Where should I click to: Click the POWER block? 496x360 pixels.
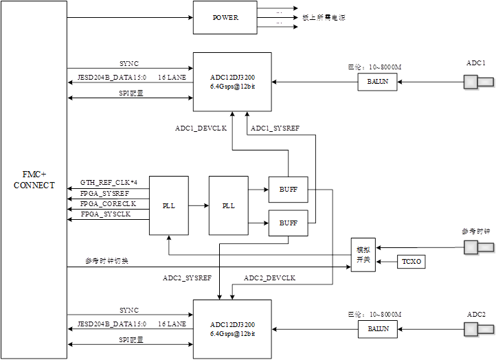[x=225, y=17]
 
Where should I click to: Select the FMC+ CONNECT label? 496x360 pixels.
[x=34, y=181]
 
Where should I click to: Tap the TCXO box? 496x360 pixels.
[x=411, y=262]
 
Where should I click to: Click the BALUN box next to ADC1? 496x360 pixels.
[x=377, y=82]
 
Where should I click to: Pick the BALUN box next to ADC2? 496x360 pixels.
[x=377, y=329]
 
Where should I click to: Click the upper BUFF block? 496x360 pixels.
[x=288, y=190]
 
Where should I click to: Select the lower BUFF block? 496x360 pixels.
[x=288, y=223]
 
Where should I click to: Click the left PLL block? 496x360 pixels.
[x=169, y=205]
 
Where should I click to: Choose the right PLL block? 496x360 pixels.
[x=229, y=205]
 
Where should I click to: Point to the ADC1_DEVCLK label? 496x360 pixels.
[x=202, y=128]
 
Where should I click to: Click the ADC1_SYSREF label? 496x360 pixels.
[x=275, y=128]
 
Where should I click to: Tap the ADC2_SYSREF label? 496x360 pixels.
[x=187, y=278]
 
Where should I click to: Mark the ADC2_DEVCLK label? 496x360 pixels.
[x=270, y=278]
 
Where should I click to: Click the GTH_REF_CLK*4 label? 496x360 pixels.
[x=109, y=182]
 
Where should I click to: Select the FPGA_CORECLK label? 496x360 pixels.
[x=108, y=204]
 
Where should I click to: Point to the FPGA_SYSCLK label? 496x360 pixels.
[x=105, y=214]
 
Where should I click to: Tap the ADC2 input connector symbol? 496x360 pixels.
[x=478, y=329]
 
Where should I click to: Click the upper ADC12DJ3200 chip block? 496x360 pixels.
[x=232, y=82]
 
